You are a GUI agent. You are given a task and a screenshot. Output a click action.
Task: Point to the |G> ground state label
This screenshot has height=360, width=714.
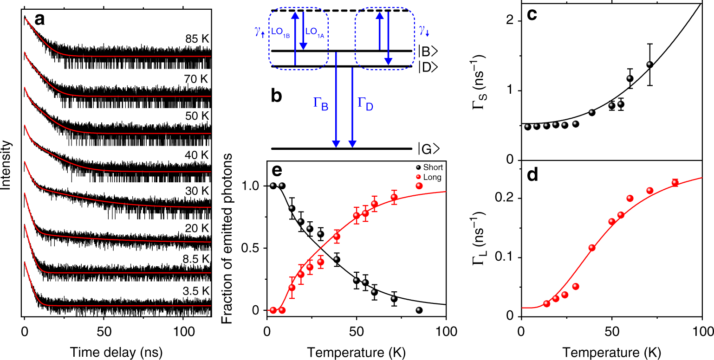pos(428,149)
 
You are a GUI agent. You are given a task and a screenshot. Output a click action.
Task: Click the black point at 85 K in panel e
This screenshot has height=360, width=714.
pos(419,310)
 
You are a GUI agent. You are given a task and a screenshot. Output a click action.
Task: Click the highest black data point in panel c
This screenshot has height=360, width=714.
pos(650,64)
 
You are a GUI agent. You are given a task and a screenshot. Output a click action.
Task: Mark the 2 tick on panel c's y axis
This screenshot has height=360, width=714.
pos(512,20)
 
